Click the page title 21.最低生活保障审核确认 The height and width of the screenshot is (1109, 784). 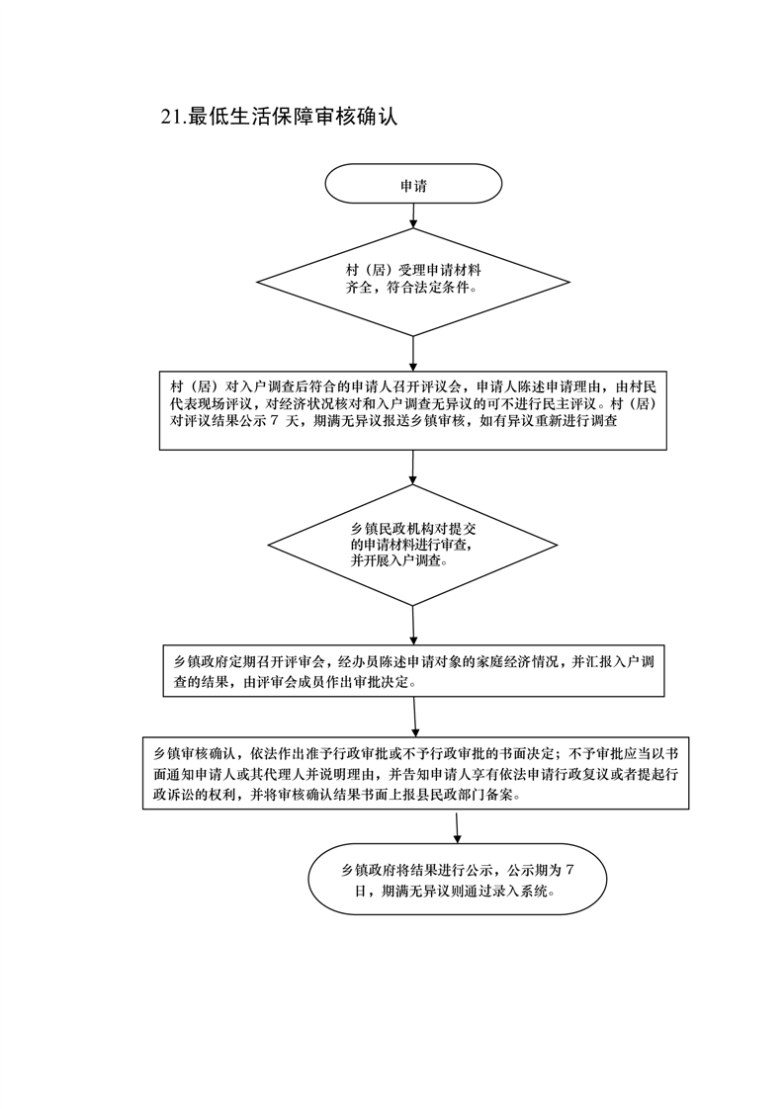click(x=279, y=117)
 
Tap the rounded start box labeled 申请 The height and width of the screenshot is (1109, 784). click(x=413, y=185)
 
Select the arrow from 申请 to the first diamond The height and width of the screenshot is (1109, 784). click(x=413, y=216)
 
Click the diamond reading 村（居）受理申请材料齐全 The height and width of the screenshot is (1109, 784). click(x=413, y=283)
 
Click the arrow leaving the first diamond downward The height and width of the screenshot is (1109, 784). click(x=413, y=354)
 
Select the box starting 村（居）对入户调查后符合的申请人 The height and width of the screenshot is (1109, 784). click(x=413, y=410)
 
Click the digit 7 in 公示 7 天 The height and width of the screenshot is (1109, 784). click(x=274, y=421)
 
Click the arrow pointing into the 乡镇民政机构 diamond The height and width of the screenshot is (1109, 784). click(x=412, y=468)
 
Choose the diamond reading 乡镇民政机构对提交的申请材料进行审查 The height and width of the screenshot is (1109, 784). click(x=412, y=546)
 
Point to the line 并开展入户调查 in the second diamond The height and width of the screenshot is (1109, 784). click(x=399, y=562)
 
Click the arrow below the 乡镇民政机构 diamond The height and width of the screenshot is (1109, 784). click(x=412, y=626)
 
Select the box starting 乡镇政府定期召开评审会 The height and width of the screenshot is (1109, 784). click(x=414, y=670)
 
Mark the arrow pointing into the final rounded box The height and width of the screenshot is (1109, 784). click(x=457, y=826)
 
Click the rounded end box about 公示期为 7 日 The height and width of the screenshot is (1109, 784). click(x=458, y=879)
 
